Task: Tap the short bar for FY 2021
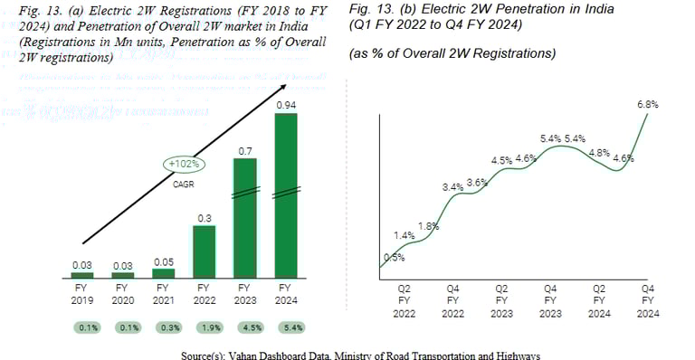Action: pyautogui.click(x=163, y=272)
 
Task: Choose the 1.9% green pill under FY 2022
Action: pyautogui.click(x=205, y=327)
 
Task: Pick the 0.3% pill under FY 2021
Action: pyautogui.click(x=163, y=327)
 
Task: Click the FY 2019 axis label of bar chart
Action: pyautogui.click(x=82, y=296)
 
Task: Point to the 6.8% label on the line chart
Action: pyautogui.click(x=647, y=104)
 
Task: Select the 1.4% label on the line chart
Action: pyautogui.click(x=404, y=235)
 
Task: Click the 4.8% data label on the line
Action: pyautogui.click(x=599, y=153)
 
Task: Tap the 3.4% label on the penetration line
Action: pyautogui.click(x=452, y=186)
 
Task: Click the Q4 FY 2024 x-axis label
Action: pyautogui.click(x=647, y=300)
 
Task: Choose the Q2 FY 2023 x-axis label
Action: pyautogui.click(x=500, y=300)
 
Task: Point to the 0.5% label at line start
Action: pyautogui.click(x=394, y=257)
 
